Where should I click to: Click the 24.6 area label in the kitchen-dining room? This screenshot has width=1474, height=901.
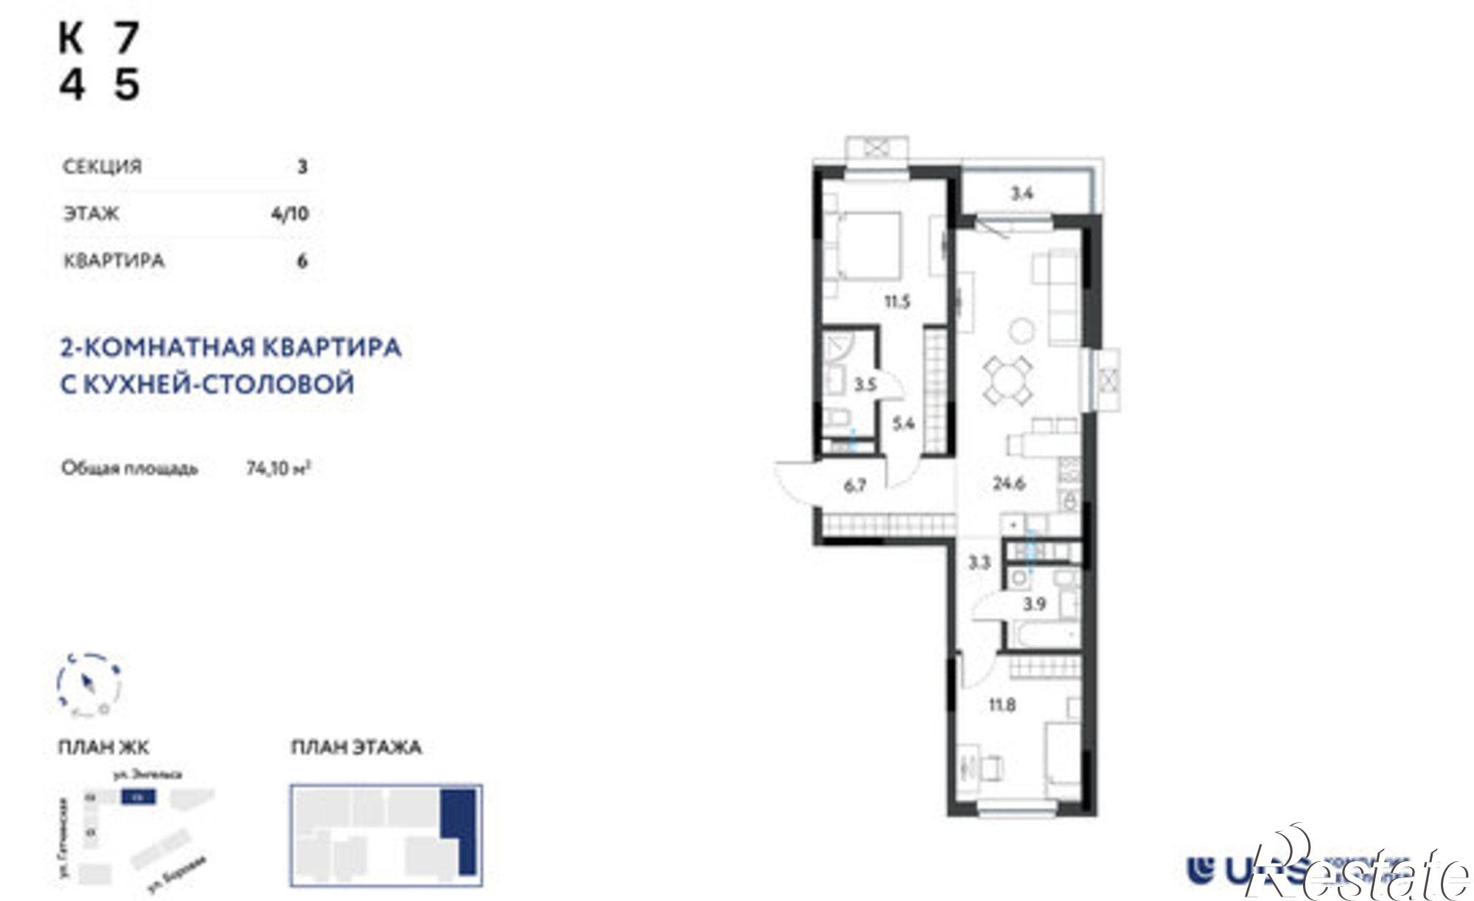[x=1009, y=484]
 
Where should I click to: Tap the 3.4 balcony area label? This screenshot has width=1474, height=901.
[x=1021, y=194]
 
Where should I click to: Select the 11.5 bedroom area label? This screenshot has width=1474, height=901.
[x=898, y=301]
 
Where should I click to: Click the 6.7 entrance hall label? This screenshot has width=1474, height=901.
[x=854, y=487]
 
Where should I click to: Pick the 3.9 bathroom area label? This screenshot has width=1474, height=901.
[x=1035, y=605]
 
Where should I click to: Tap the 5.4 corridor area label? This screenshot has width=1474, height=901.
[x=904, y=424]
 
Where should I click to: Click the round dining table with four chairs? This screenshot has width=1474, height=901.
[x=1008, y=379]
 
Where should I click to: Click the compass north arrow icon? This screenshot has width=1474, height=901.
[x=89, y=684]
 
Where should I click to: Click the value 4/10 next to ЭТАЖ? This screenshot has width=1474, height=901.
[x=290, y=214]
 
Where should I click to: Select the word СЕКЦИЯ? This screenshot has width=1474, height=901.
[x=102, y=166]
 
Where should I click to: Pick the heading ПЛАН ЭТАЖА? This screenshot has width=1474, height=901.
[x=356, y=748]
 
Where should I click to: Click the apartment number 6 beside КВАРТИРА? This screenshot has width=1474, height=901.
[x=301, y=261]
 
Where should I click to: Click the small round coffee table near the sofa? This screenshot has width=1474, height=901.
[x=1021, y=330]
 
